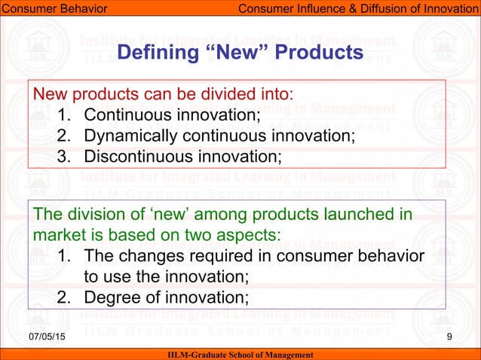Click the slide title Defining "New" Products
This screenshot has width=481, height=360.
(241, 53)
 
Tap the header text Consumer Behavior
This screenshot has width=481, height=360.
(54, 8)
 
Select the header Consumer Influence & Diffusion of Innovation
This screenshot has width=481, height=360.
(357, 8)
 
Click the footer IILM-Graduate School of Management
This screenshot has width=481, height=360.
(241, 354)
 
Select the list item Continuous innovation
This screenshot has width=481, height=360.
(171, 115)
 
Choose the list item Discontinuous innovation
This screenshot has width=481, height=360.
(182, 157)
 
